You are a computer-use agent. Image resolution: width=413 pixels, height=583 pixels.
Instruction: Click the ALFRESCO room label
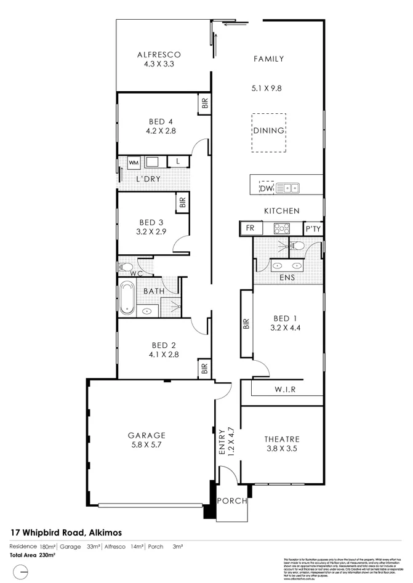158,54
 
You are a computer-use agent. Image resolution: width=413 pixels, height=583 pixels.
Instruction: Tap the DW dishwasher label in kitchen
266,188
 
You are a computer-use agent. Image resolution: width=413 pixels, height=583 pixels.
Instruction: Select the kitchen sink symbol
287,187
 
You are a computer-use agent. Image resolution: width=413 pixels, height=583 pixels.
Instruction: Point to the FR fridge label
250,228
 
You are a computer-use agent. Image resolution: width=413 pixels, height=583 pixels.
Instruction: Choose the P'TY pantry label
313,229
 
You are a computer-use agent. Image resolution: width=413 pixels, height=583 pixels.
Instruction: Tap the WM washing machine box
134,162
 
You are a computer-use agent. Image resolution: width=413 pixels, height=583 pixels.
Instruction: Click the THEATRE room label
282,439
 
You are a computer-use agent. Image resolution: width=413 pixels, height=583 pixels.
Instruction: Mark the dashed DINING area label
269,131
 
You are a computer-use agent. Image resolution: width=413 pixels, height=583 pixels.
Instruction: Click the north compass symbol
21,572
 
